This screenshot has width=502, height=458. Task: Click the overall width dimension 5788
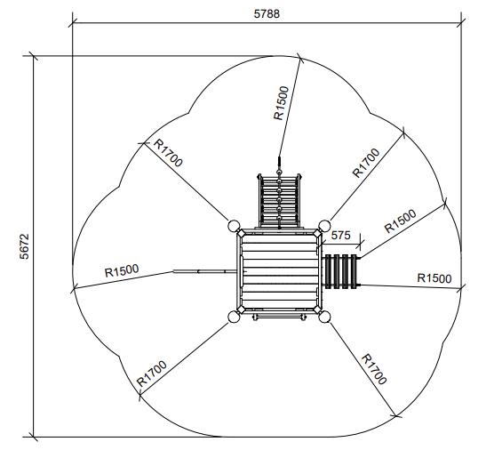267,13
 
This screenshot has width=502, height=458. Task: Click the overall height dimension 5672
24,246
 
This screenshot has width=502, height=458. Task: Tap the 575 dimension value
340,236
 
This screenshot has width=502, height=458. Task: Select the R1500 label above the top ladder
281,103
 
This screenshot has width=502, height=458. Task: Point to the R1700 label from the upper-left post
168,153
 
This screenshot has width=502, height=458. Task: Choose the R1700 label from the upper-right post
366,163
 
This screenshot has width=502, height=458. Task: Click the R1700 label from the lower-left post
151,374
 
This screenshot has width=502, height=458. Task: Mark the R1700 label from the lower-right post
374,369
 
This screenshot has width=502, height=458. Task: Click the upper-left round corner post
234,226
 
